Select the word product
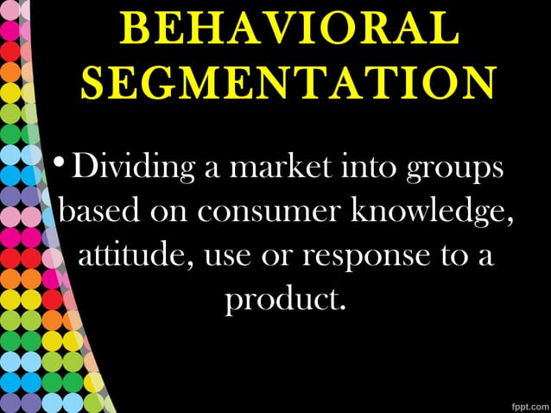(x=280, y=301)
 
